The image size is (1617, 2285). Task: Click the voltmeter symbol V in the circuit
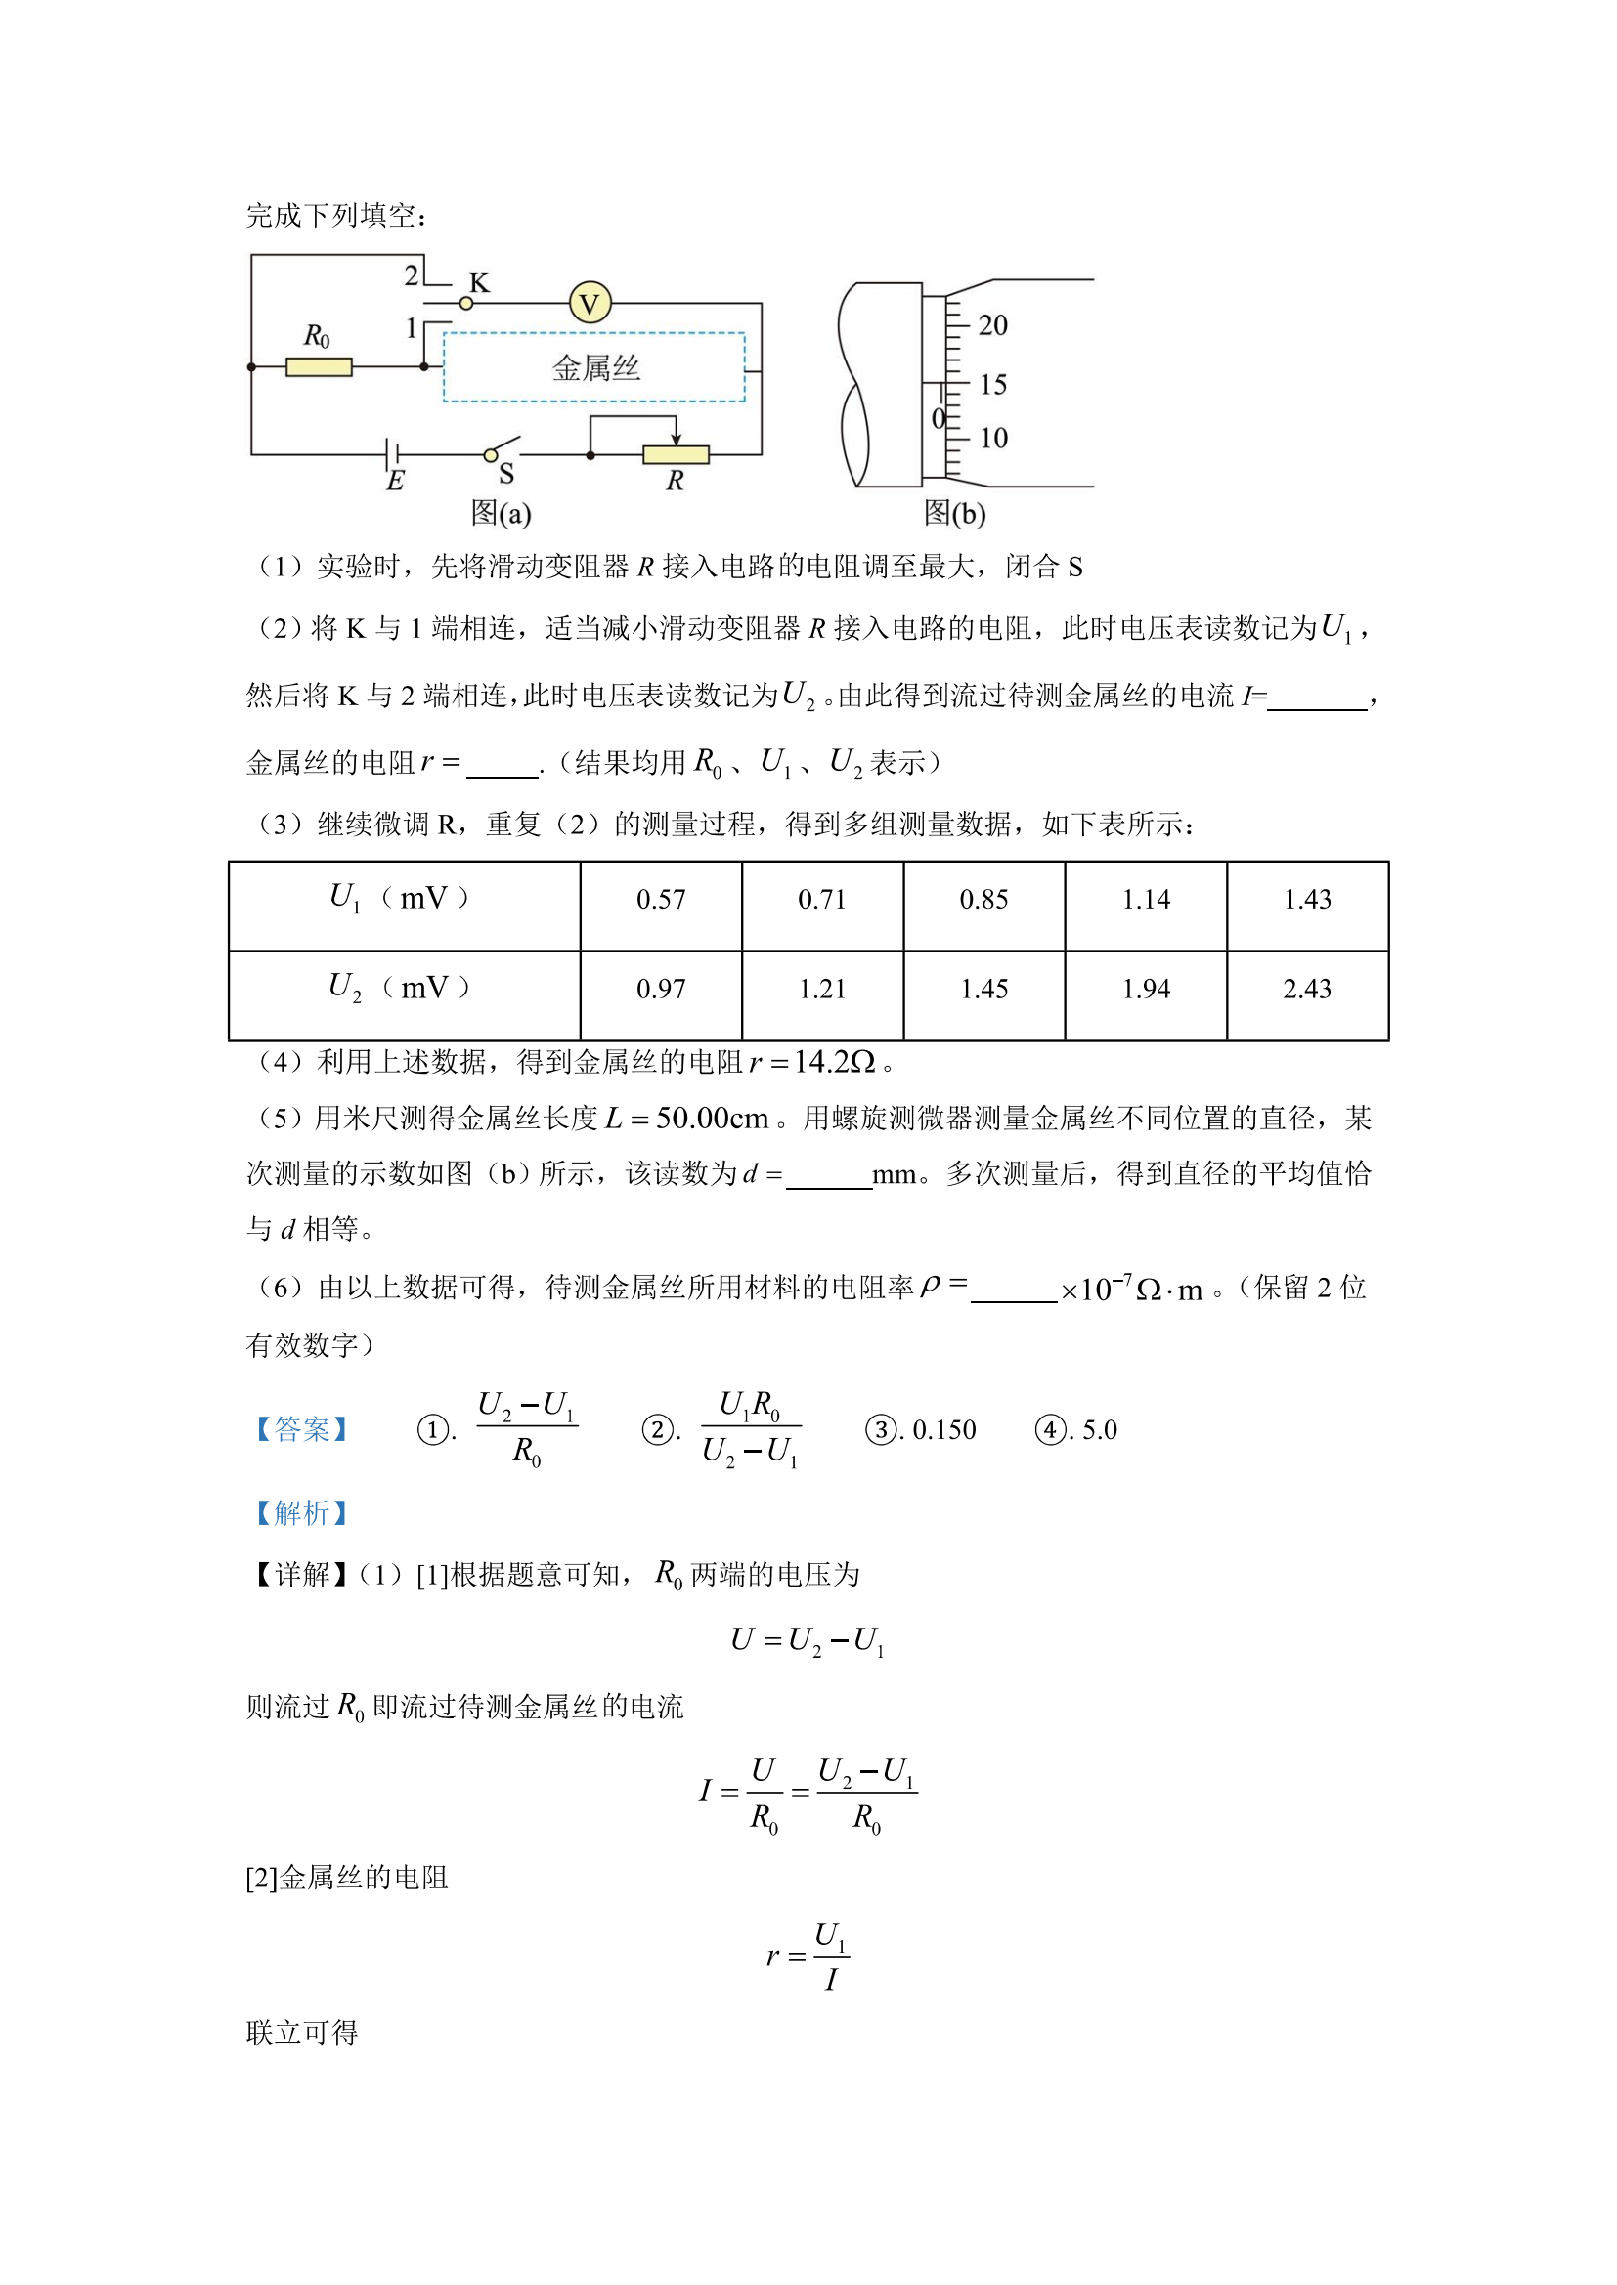click(x=590, y=304)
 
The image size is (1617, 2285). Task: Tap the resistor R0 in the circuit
click(x=319, y=367)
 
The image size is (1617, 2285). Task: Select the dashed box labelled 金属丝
click(x=594, y=367)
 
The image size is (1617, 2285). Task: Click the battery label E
click(x=395, y=482)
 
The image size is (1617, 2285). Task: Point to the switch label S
click(x=505, y=475)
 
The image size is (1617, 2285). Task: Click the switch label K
click(x=479, y=282)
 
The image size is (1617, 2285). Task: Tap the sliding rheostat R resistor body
click(x=676, y=456)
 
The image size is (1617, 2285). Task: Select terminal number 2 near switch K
click(x=412, y=275)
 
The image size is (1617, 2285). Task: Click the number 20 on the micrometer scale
click(x=992, y=325)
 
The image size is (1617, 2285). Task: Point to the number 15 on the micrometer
click(x=992, y=384)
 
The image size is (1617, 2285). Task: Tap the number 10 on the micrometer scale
click(x=992, y=438)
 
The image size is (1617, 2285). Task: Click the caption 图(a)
click(x=501, y=514)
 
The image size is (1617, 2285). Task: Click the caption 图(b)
click(x=955, y=514)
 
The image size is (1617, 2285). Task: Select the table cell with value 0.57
click(x=661, y=901)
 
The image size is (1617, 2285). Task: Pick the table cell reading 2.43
click(x=1306, y=990)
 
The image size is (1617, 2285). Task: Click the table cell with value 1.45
click(x=983, y=990)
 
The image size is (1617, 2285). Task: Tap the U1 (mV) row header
click(x=399, y=899)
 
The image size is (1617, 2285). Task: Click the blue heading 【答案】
click(x=301, y=1430)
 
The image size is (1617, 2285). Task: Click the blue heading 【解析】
click(x=301, y=1513)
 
